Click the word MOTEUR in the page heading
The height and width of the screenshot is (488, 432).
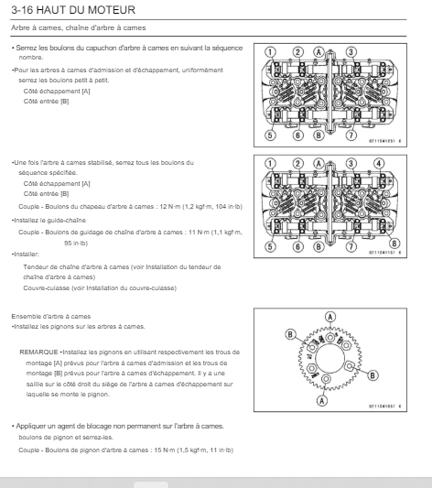(112, 10)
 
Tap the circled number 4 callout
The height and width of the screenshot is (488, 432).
(379, 163)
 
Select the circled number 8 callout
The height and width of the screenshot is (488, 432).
(394, 244)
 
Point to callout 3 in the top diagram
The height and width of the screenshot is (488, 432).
(351, 52)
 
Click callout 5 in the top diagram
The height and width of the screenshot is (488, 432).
(270, 136)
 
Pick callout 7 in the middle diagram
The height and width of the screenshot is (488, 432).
(351, 247)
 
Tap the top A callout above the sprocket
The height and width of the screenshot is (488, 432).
(330, 317)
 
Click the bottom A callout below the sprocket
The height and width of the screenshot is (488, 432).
(322, 400)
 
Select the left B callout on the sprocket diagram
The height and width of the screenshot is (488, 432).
(290, 334)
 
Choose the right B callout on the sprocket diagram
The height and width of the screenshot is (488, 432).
(373, 375)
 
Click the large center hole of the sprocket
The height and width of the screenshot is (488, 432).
(330, 359)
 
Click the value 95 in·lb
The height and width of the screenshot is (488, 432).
(76, 243)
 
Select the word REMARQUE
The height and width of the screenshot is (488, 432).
(38, 352)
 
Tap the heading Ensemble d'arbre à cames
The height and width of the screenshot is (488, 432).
(51, 317)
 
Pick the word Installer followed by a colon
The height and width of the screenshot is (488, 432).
(27, 255)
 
